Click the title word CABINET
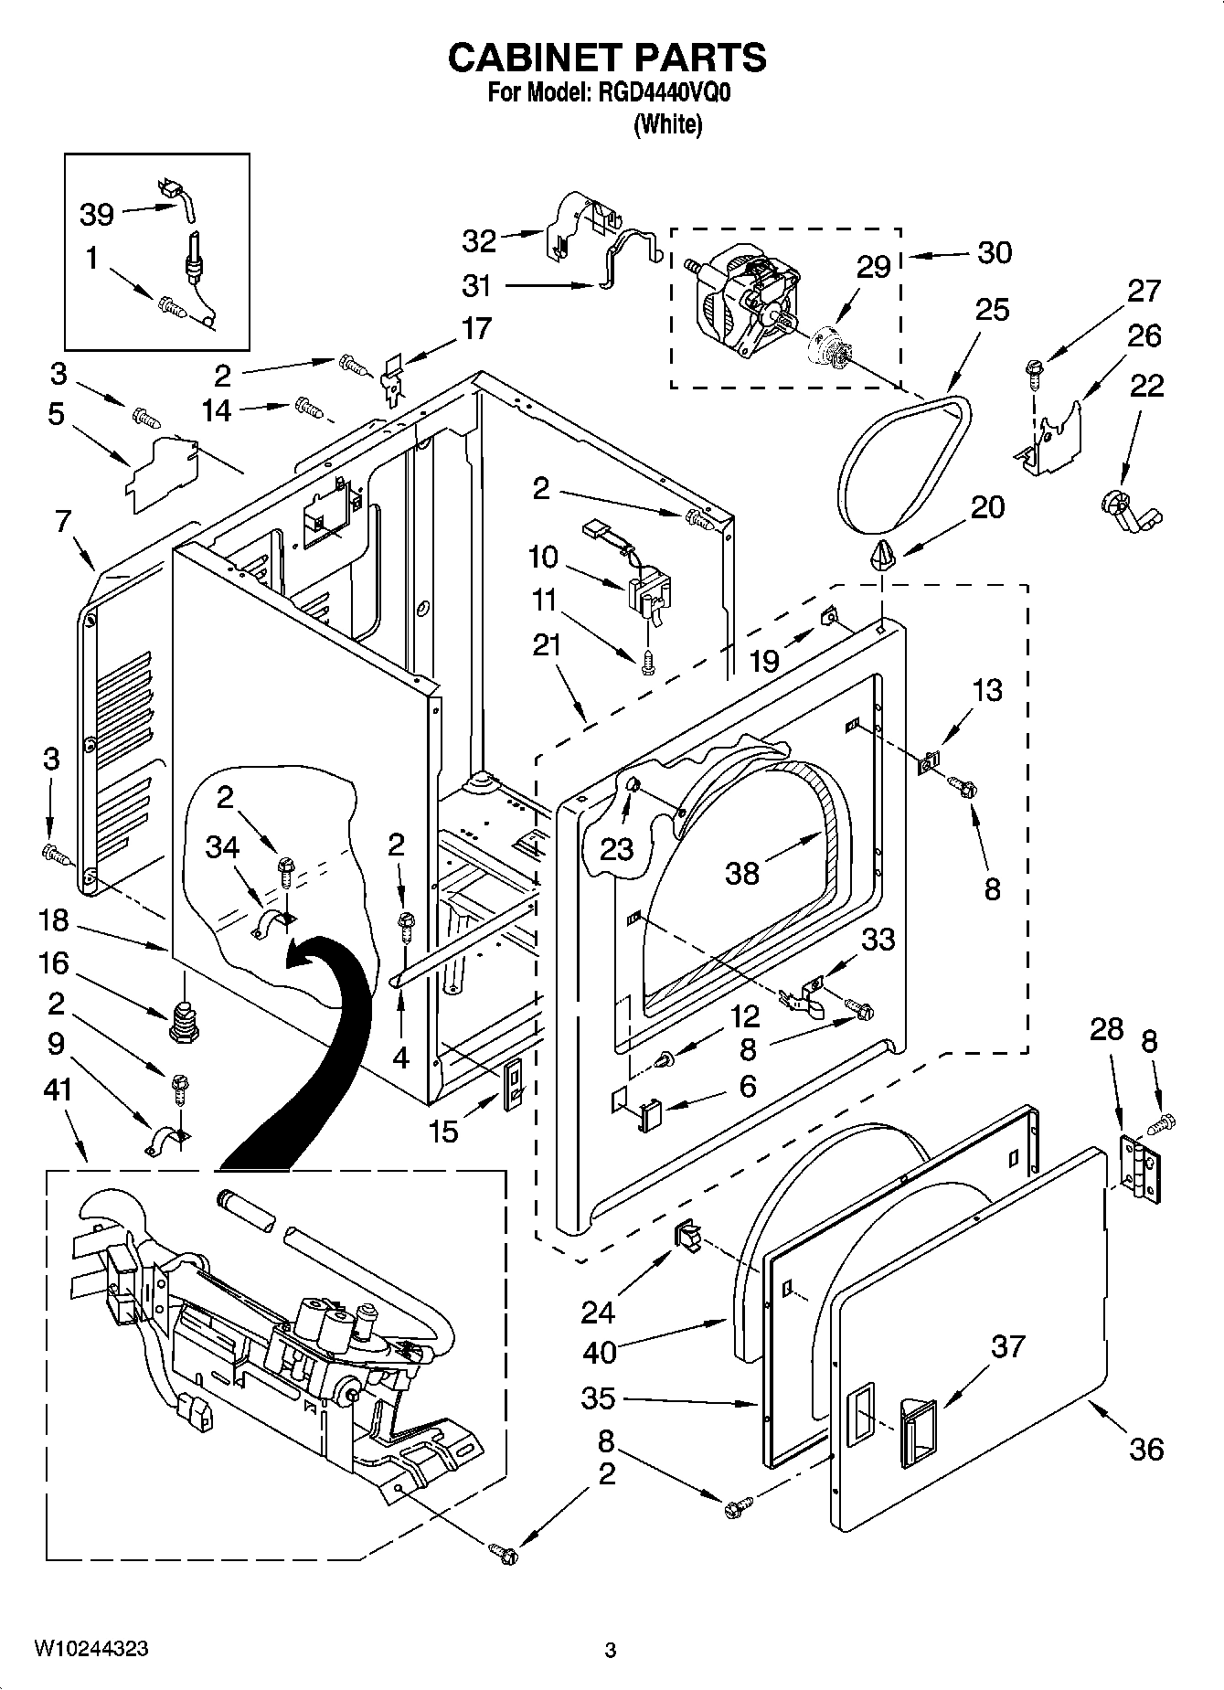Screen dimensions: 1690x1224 (528, 58)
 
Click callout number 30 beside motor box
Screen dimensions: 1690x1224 (994, 252)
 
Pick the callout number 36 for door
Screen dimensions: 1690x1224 (1146, 1448)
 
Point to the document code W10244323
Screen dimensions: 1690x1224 (91, 1649)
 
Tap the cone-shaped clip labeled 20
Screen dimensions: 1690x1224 (882, 553)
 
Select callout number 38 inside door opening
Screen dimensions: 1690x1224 (741, 873)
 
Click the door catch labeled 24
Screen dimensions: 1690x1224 (687, 1236)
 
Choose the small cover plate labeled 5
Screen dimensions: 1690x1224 (163, 473)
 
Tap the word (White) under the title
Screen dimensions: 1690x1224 (668, 124)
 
